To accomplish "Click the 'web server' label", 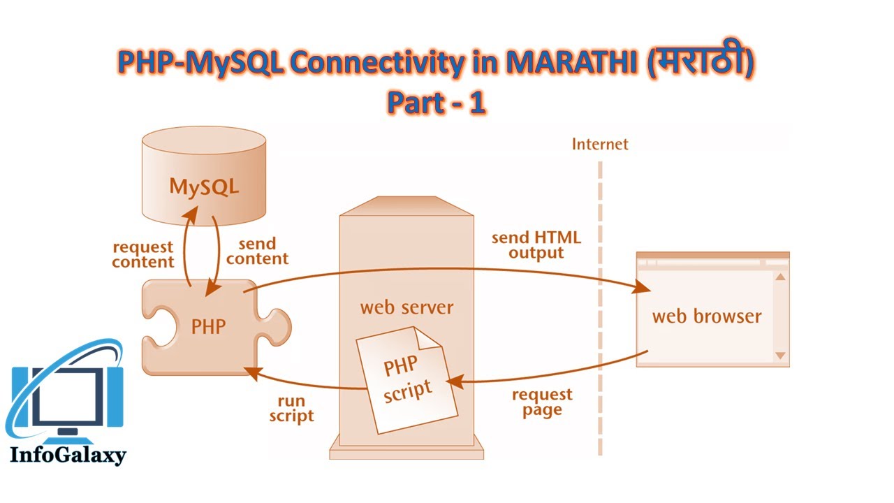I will click(x=406, y=307).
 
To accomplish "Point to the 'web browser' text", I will click(x=706, y=316).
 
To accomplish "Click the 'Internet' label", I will click(x=600, y=145).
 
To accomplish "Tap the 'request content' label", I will click(x=143, y=254).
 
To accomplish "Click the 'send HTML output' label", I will click(x=536, y=245).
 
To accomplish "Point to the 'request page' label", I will click(x=542, y=402).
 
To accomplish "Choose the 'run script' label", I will click(x=291, y=408).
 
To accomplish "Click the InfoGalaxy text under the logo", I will click(x=68, y=455).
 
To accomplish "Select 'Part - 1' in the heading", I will click(x=437, y=103).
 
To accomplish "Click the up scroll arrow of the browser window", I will click(x=781, y=277).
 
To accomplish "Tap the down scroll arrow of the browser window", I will click(x=781, y=356).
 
